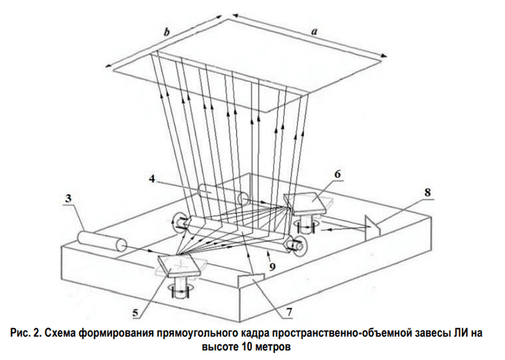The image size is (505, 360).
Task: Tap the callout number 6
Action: tap(338, 175)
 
